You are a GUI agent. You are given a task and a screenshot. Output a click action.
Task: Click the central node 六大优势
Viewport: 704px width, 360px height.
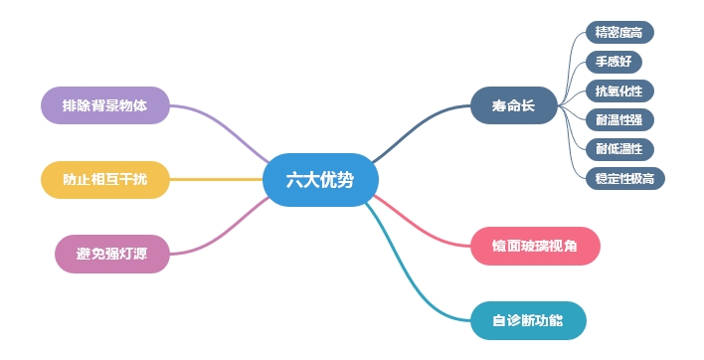(320, 181)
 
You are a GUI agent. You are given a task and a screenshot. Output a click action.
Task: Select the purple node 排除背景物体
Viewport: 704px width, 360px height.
(104, 105)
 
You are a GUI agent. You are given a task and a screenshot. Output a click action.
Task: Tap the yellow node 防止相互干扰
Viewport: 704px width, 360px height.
(104, 180)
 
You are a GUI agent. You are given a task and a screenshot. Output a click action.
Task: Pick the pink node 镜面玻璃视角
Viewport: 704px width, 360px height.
(535, 246)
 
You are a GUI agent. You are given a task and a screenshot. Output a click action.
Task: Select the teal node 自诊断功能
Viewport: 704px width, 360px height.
(527, 320)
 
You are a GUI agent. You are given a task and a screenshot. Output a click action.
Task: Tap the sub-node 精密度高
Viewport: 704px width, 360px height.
(618, 33)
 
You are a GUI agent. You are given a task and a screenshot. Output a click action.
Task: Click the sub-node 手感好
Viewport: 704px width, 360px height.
(614, 62)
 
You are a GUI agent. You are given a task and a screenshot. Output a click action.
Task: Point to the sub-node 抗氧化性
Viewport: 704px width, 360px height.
(618, 91)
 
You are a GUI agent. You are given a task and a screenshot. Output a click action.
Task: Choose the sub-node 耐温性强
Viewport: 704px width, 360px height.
(618, 120)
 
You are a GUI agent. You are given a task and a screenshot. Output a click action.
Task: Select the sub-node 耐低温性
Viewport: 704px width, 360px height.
(618, 149)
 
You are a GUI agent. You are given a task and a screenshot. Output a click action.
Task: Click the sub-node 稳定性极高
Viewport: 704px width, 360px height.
(623, 178)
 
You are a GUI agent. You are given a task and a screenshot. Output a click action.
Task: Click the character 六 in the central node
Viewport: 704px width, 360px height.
(293, 181)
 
